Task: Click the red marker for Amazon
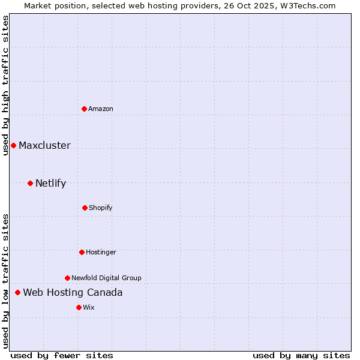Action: [85, 109]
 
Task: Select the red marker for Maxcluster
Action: [13, 145]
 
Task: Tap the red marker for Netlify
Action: [30, 183]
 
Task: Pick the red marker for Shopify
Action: [85, 208]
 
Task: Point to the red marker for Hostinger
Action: [82, 252]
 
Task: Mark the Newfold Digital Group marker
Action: [67, 278]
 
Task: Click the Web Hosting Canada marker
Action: [17, 292]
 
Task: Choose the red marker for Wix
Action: [79, 307]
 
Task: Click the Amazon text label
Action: [101, 109]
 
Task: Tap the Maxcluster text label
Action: [44, 145]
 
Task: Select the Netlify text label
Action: [50, 183]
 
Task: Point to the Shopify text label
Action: [101, 208]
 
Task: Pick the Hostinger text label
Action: [101, 252]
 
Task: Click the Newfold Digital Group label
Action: [106, 278]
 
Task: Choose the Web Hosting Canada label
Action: [73, 292]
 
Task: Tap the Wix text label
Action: [89, 307]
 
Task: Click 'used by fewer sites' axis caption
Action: [62, 355]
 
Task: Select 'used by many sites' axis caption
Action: [301, 355]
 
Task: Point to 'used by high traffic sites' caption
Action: [5, 85]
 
